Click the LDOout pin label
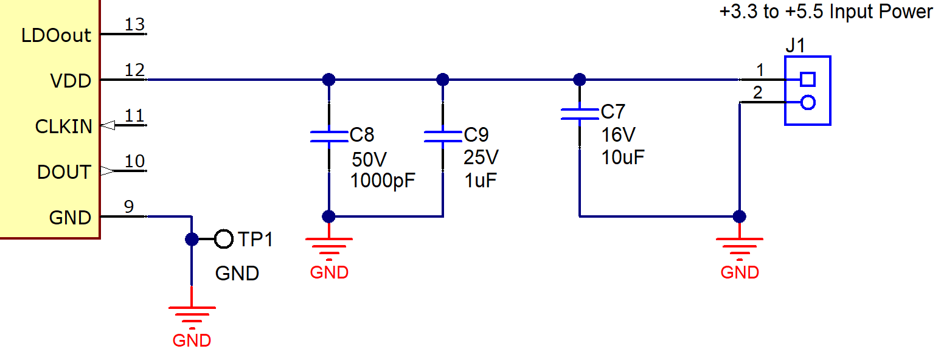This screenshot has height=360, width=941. pyautogui.click(x=56, y=35)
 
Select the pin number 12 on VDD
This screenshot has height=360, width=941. pyautogui.click(x=134, y=70)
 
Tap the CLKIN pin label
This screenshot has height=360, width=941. pyautogui.click(x=63, y=126)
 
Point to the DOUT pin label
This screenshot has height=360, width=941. pyautogui.click(x=64, y=172)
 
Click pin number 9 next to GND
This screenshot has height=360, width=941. pyautogui.click(x=129, y=207)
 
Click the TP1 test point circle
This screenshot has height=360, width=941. pyautogui.click(x=224, y=240)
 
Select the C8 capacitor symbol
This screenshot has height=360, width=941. pyautogui.click(x=328, y=136)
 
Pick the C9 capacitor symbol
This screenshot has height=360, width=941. pyautogui.click(x=443, y=136)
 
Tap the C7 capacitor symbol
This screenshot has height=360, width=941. pyautogui.click(x=580, y=114)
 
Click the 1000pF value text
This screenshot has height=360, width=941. pyautogui.click(x=383, y=181)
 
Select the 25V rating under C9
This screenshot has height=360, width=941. pyautogui.click(x=481, y=157)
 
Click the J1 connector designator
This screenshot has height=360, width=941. pyautogui.click(x=795, y=46)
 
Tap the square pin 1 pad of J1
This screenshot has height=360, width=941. pyautogui.click(x=808, y=80)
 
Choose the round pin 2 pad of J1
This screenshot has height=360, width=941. pyautogui.click(x=808, y=102)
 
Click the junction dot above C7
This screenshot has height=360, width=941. pyautogui.click(x=580, y=80)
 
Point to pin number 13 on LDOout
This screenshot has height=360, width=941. pyautogui.click(x=134, y=24)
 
